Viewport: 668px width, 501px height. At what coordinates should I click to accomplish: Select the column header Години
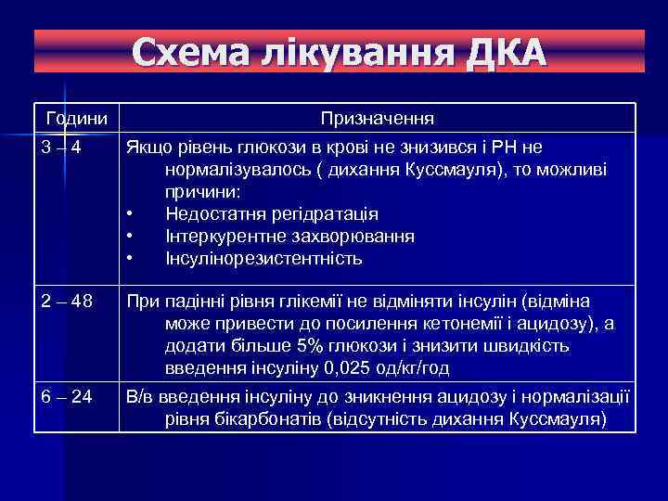tap(77, 120)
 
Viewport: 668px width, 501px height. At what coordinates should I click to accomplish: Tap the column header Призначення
tap(378, 120)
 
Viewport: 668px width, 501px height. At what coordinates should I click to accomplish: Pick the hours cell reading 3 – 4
tap(60, 148)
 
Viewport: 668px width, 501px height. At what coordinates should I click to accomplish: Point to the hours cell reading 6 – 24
tap(67, 396)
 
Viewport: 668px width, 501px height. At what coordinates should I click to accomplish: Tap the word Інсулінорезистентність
tap(263, 258)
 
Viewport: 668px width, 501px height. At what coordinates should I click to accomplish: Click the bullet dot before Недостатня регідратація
tap(132, 215)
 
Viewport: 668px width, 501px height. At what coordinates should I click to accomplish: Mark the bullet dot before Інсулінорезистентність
tap(132, 259)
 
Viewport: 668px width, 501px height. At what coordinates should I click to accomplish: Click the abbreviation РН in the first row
tap(507, 148)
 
